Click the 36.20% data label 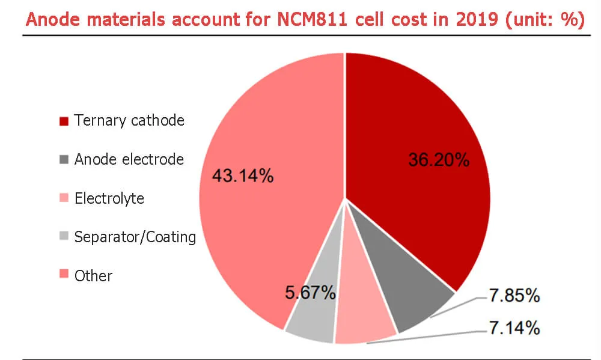[438, 160]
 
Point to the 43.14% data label [242, 176]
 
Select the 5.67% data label [310, 293]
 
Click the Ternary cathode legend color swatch [64, 121]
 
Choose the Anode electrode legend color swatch [64, 160]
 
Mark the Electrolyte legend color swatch [64, 199]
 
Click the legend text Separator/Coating [135, 237]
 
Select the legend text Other [93, 276]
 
